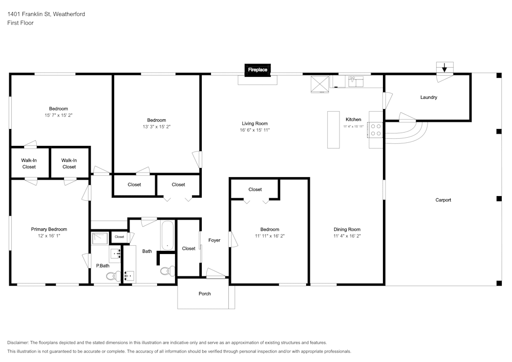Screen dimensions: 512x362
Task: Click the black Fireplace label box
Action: click(x=258, y=70)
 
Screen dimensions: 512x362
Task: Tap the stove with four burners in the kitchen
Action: click(x=375, y=130)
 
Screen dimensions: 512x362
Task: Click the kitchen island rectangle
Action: click(x=333, y=130)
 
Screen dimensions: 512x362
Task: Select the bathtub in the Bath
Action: click(x=167, y=236)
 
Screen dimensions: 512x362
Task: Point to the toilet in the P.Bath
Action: click(x=114, y=276)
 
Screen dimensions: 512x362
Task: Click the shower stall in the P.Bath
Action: click(x=100, y=238)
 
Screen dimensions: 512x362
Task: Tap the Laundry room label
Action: click(x=429, y=97)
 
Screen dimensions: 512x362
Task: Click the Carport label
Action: click(x=443, y=200)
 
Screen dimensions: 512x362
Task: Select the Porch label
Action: click(x=205, y=294)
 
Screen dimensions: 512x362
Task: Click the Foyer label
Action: click(x=214, y=240)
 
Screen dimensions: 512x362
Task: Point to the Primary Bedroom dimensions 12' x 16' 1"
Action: click(x=49, y=236)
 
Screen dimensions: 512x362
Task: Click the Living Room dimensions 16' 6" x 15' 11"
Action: click(x=254, y=130)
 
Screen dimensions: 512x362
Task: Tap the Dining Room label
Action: click(x=347, y=229)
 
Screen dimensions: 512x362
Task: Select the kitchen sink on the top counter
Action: click(x=356, y=81)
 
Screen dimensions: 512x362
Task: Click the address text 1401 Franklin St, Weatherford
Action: click(x=46, y=14)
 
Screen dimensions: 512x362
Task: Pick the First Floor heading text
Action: click(x=20, y=23)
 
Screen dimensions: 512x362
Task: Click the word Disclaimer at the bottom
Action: click(x=17, y=343)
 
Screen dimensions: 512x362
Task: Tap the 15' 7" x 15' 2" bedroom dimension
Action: click(x=58, y=115)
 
